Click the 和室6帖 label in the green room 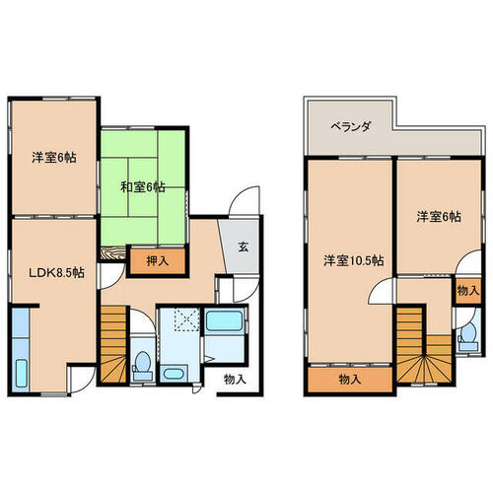click(x=143, y=187)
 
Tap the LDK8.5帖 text click(x=56, y=272)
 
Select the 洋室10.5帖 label click(x=353, y=261)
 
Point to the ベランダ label click(x=351, y=126)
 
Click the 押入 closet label click(x=158, y=261)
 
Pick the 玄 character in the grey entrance click(x=244, y=246)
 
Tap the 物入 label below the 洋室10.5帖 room click(x=350, y=380)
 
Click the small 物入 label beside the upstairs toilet click(x=468, y=291)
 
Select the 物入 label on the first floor click(x=235, y=380)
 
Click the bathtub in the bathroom click(x=225, y=320)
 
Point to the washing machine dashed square click(x=186, y=319)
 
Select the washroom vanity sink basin click(x=174, y=374)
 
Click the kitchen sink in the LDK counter click(x=21, y=374)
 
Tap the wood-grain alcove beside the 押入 click(x=112, y=254)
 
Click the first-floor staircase click(x=113, y=344)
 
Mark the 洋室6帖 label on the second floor click(x=439, y=217)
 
